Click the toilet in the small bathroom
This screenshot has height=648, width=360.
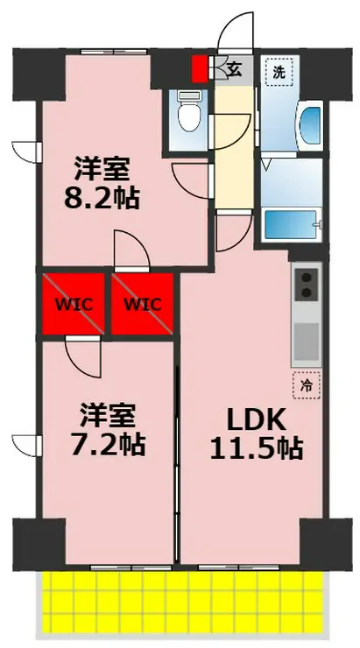tap(189, 110)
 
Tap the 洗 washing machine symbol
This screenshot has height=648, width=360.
tap(279, 72)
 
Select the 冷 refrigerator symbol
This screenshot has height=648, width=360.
tap(307, 385)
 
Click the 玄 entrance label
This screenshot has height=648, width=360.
tap(235, 70)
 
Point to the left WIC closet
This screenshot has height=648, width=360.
tap(74, 304)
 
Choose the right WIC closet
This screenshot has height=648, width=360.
tap(142, 304)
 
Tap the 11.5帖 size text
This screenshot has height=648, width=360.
tap(257, 448)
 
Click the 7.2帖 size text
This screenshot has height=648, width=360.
tap(108, 443)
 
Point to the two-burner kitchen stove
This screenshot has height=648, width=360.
tap(307, 284)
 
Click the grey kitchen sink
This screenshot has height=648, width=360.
tap(307, 342)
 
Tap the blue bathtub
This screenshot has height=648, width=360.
tap(293, 224)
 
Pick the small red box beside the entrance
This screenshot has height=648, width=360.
tap(199, 69)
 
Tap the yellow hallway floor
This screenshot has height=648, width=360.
tap(235, 147)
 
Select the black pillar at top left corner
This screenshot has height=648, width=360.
tap(39, 74)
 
